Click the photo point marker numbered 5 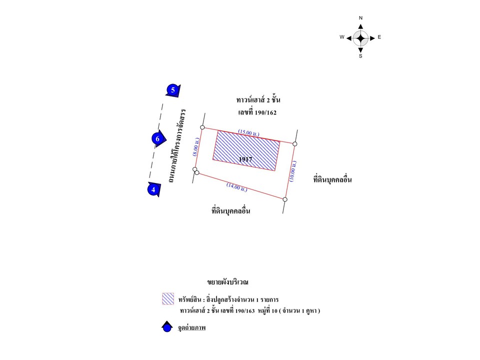click(x=173, y=90)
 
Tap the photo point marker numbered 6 click(x=158, y=139)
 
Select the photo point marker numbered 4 click(x=153, y=189)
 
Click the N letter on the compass click(x=360, y=18)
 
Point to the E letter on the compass click(x=379, y=37)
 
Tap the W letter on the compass click(x=342, y=37)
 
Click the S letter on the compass click(x=360, y=56)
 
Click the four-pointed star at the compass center click(x=360, y=38)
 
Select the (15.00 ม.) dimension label click(x=249, y=133)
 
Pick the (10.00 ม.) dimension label click(x=293, y=171)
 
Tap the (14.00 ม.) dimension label click(x=237, y=187)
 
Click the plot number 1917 click(x=245, y=159)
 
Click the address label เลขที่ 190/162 click(x=257, y=112)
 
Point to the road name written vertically click(x=177, y=145)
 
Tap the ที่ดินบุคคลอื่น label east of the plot click(x=332, y=179)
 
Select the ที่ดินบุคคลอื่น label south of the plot click(x=231, y=210)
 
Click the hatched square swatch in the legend click(x=168, y=299)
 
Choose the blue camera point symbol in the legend click(x=167, y=327)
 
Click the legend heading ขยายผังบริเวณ click(x=227, y=282)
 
